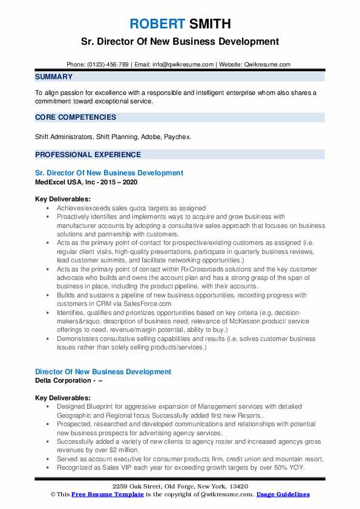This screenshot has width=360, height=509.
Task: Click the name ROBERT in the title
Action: pyautogui.click(x=157, y=25)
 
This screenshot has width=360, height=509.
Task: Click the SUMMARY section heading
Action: pyautogui.click(x=54, y=77)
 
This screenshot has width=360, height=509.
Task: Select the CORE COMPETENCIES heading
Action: pyautogui.click(x=75, y=117)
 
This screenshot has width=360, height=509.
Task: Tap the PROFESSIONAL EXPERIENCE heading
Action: pyautogui.click(x=88, y=154)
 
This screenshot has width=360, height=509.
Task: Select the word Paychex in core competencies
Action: pyautogui.click(x=178, y=137)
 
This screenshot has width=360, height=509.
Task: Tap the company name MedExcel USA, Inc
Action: pyautogui.click(x=64, y=181)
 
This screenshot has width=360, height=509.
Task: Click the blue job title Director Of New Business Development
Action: pyautogui.click(x=103, y=372)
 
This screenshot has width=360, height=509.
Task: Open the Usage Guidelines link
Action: pyautogui.click(x=283, y=494)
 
